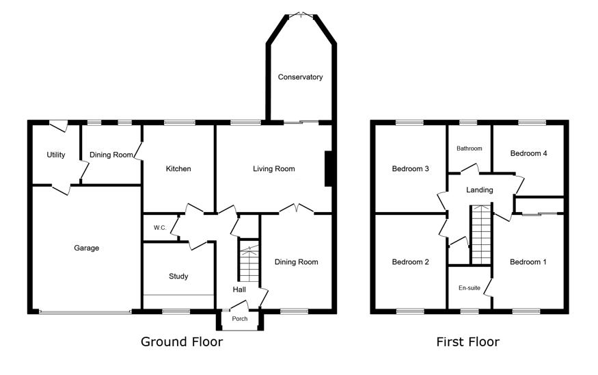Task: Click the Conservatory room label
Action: (300, 77)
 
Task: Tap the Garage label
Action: (87, 248)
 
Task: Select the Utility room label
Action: (55, 155)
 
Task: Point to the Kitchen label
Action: (178, 168)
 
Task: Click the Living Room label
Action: (274, 168)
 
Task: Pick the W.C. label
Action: (160, 228)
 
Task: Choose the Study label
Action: (178, 276)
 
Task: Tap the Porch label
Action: (240, 318)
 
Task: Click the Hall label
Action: (239, 289)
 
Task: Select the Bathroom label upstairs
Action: (470, 148)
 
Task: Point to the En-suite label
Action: (470, 288)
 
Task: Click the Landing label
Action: (480, 190)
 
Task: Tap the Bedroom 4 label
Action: (528, 153)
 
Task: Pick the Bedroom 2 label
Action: (410, 261)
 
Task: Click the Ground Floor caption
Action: (182, 341)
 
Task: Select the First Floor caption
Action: (468, 341)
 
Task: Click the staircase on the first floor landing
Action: (481, 235)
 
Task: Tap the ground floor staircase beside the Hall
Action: (249, 261)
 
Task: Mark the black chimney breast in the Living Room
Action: (328, 169)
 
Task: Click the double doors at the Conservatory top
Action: (301, 15)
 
